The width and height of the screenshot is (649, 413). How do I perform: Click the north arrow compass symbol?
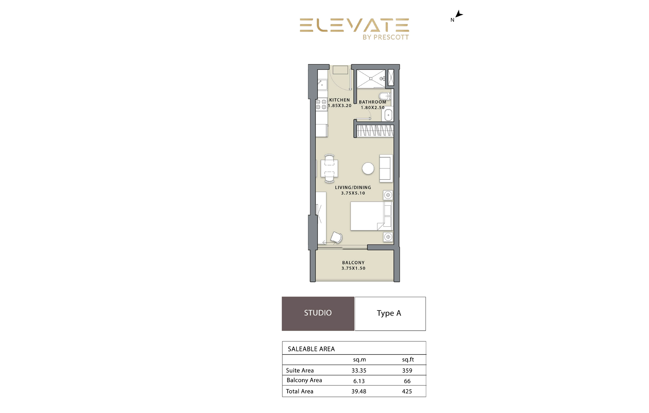(459, 15)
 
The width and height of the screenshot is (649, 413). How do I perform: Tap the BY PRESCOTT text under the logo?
(385, 37)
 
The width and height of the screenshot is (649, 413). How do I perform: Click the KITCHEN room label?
(339, 100)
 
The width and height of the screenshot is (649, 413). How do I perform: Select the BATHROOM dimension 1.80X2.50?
(373, 108)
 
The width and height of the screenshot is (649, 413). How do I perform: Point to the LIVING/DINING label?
(353, 188)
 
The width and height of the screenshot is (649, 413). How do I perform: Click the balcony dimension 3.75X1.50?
(353, 268)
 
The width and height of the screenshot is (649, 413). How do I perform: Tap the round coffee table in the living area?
(368, 169)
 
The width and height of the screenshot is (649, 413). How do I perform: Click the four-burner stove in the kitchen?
(321, 104)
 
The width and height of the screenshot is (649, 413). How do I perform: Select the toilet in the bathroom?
(384, 96)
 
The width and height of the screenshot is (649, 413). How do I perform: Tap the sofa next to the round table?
(386, 168)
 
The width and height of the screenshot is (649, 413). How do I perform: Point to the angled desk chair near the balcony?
(336, 238)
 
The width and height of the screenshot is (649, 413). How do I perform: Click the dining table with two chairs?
(329, 169)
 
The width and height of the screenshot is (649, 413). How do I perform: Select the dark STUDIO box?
(318, 313)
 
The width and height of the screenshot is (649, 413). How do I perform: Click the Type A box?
(390, 313)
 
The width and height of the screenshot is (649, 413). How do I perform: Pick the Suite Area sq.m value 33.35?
(359, 370)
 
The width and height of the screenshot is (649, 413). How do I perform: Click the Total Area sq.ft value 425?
(407, 391)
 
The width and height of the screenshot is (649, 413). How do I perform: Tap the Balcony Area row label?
(304, 380)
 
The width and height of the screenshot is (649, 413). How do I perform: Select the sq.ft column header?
(408, 359)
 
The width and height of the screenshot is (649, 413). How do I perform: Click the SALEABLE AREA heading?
(311, 349)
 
